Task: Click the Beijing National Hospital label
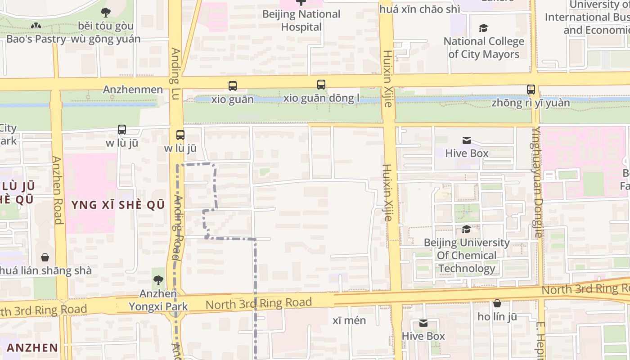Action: tap(301, 20)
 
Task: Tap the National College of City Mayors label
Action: tap(484, 48)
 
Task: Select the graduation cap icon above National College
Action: tap(484, 28)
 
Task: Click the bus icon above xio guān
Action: tap(233, 85)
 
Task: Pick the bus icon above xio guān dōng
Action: tap(321, 84)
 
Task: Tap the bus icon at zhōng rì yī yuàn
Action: tap(531, 89)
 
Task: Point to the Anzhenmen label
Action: tap(133, 90)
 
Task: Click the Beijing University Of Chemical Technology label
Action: tap(467, 256)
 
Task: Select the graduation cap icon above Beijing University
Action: tap(467, 229)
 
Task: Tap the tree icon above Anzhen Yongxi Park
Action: tap(158, 280)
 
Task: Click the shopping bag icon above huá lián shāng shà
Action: tap(45, 257)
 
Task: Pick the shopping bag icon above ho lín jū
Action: tap(497, 303)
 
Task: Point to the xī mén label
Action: tap(349, 320)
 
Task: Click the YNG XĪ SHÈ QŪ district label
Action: tap(118, 205)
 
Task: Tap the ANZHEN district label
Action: tap(32, 347)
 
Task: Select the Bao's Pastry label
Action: tap(36, 39)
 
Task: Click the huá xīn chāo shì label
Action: tap(419, 9)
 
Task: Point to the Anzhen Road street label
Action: tap(57, 190)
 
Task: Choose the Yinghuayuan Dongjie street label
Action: tap(537, 182)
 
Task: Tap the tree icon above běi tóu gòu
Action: tap(106, 12)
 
